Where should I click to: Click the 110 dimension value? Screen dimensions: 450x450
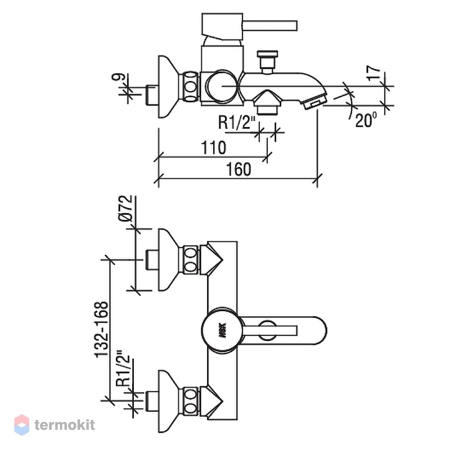[213, 148]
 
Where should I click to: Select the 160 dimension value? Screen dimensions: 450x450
[238, 169]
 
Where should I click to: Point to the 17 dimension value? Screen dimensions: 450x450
[373, 73]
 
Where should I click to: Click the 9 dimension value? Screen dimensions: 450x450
[119, 77]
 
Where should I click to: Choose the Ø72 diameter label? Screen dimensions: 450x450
[125, 208]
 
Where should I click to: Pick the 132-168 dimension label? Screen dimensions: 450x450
[102, 330]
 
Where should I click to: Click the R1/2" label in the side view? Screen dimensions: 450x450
[237, 122]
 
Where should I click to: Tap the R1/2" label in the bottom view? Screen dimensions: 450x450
[123, 368]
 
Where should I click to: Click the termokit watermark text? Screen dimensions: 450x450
[65, 425]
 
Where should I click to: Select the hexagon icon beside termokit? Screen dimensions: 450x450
[22, 425]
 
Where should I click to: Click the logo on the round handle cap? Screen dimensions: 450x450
[223, 330]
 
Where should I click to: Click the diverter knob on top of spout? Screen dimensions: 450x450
[267, 62]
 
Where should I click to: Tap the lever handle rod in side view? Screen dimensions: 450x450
[270, 25]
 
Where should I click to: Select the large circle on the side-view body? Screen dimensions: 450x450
[221, 87]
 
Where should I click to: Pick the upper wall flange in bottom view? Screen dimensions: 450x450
[170, 260]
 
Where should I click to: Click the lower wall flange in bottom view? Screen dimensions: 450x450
[170, 402]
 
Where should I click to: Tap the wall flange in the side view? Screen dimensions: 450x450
[170, 87]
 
